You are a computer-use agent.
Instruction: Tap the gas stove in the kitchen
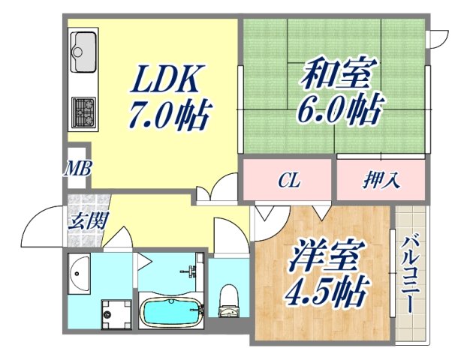coord(83,112)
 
